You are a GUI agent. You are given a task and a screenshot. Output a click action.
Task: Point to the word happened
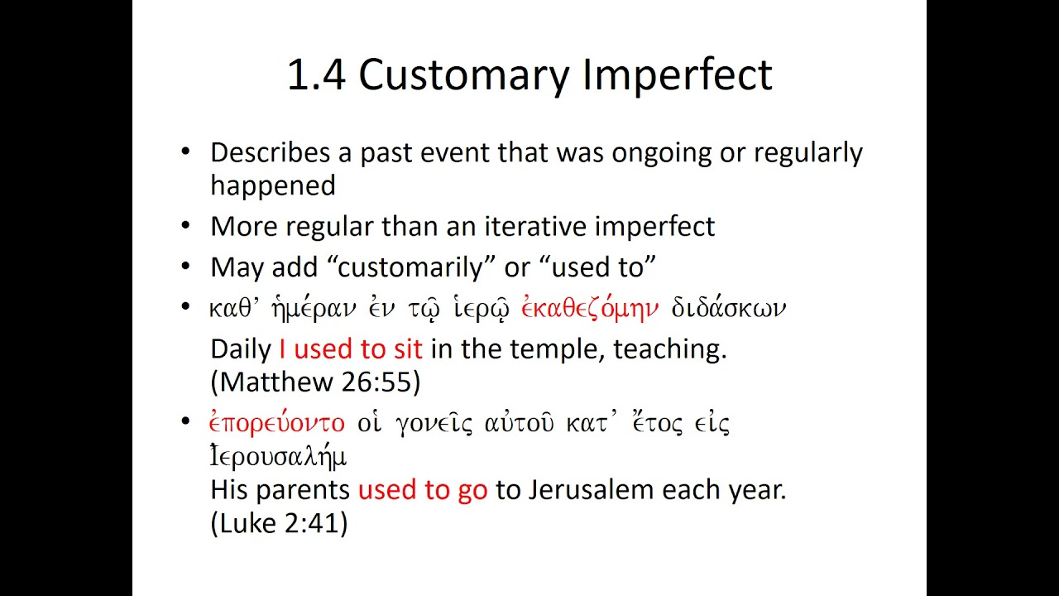272,186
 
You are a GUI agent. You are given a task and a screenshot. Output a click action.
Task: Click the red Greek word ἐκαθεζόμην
590,309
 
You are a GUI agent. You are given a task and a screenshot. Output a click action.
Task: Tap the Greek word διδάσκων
727,309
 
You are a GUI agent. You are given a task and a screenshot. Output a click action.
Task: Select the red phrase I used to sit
351,348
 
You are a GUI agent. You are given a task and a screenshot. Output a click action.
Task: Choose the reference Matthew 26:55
316,382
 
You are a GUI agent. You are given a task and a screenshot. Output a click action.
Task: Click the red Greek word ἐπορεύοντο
276,424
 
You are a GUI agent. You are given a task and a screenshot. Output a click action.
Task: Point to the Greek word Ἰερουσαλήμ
278,456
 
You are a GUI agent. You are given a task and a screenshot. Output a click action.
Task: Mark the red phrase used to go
423,490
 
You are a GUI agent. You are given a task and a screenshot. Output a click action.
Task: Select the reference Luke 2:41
279,523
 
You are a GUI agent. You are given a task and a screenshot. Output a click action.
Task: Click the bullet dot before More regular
185,225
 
